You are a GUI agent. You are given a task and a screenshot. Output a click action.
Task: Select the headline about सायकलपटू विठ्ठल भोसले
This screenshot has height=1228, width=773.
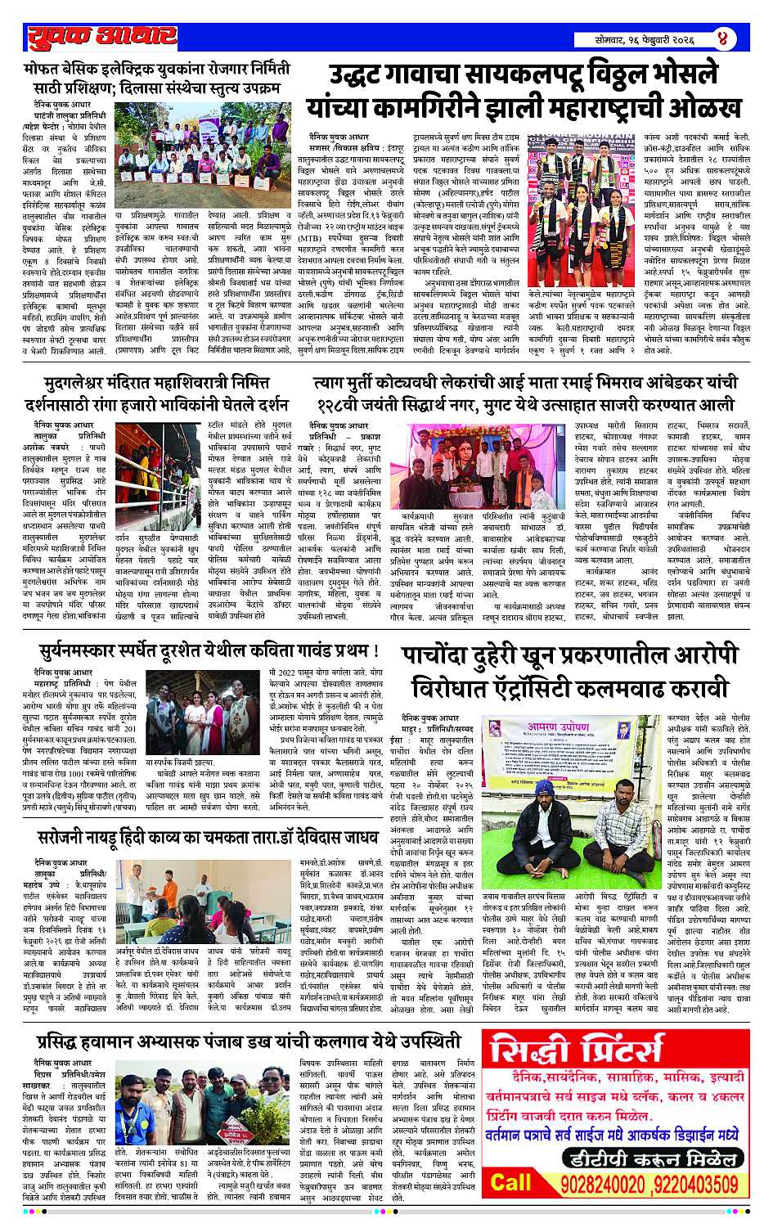pyautogui.click(x=524, y=92)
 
